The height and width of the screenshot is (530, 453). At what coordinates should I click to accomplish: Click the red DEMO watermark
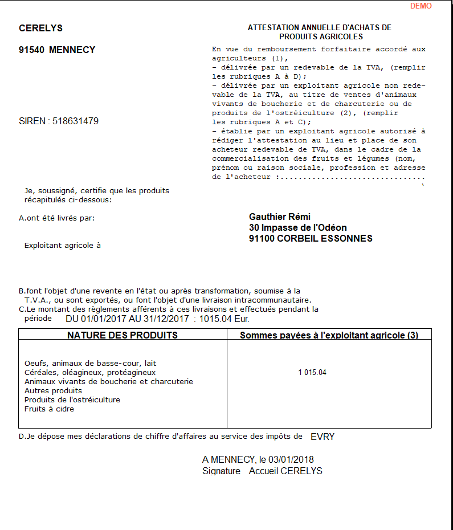(421, 6)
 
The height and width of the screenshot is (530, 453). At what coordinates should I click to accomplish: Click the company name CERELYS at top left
(40, 28)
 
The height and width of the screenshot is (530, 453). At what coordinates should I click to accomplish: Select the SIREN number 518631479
(75, 121)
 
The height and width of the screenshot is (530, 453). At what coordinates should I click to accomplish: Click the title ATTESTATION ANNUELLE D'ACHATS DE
(319, 28)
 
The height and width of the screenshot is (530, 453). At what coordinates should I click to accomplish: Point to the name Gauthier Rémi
(280, 217)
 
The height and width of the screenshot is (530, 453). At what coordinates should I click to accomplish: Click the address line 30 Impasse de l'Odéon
(297, 228)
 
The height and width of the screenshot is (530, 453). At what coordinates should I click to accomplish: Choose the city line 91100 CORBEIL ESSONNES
(311, 239)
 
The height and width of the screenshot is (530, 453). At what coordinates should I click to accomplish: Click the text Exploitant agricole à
(63, 246)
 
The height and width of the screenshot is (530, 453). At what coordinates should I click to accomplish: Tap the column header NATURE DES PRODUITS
(123, 335)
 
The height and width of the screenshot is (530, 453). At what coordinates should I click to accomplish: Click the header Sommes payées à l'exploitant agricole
(329, 336)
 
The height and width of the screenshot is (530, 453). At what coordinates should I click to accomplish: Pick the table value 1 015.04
(312, 373)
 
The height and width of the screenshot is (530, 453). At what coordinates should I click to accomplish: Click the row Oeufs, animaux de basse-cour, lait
(90, 363)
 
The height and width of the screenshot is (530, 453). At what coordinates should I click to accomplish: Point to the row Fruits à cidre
(49, 409)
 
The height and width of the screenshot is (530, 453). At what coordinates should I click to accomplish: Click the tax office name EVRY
(323, 437)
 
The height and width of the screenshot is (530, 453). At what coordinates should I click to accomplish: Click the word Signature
(221, 471)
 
